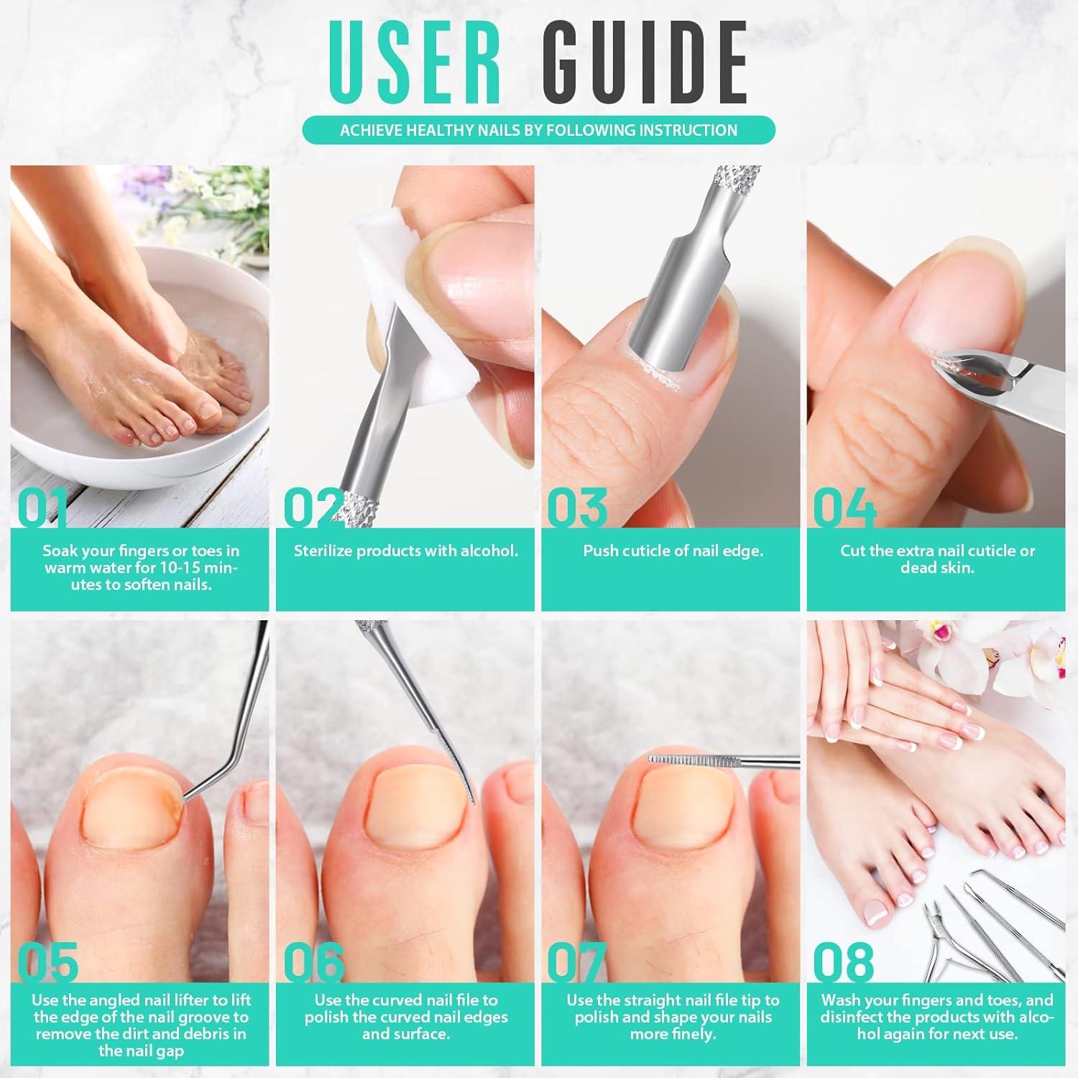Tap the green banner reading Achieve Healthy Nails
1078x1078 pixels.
coord(538,130)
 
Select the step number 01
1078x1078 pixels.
coord(43,507)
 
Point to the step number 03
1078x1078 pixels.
coord(577,507)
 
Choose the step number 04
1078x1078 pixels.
coord(844,507)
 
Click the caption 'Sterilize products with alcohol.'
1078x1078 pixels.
coord(405,551)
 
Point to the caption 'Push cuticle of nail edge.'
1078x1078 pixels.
coord(673,551)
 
